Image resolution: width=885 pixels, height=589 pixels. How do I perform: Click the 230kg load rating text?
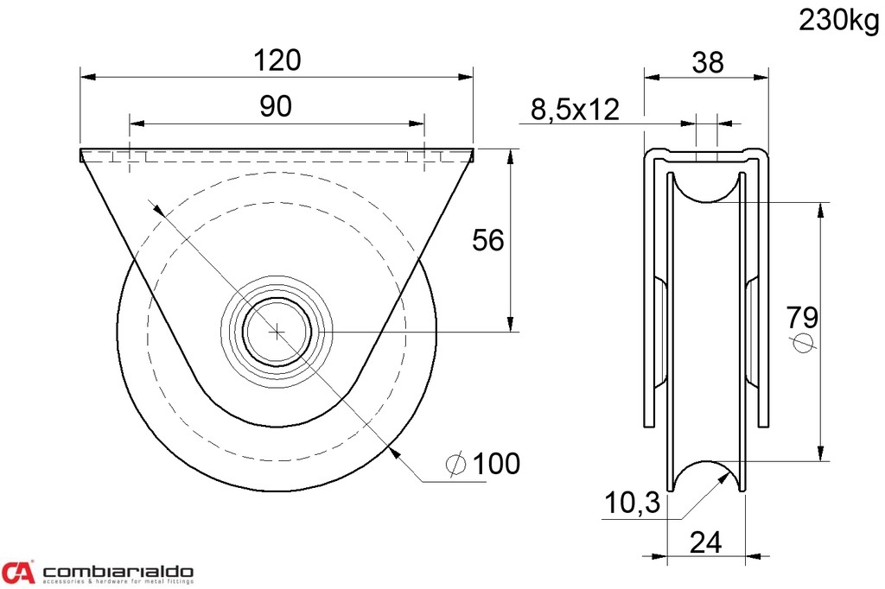(837, 21)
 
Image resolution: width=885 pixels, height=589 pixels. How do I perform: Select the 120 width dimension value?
(277, 60)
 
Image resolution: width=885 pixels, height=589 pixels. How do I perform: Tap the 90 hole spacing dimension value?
(276, 106)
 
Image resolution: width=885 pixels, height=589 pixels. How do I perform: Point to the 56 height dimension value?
(487, 240)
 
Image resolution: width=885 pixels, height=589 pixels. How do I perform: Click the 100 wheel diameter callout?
(497, 464)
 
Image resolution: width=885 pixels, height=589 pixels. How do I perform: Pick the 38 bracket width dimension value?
(706, 61)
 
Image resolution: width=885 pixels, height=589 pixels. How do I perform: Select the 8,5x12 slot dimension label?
(575, 109)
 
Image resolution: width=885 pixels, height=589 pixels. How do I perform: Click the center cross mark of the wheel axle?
(277, 331)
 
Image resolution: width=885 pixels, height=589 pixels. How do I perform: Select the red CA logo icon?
(18, 572)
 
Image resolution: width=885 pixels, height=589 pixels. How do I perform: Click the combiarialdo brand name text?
(118, 572)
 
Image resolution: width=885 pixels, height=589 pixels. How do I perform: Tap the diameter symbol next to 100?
(456, 465)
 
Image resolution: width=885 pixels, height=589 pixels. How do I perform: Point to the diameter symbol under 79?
(803, 344)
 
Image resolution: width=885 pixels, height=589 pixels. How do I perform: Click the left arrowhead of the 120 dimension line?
(86, 77)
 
